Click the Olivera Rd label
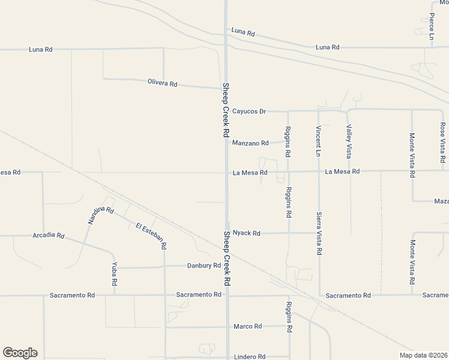[x=163, y=83]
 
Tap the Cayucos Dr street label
[x=249, y=111]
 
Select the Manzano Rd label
[x=250, y=143]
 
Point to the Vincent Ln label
[x=318, y=142]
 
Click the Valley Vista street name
[x=348, y=137]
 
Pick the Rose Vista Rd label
[x=442, y=143]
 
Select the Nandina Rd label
[x=100, y=214]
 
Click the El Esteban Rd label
[x=151, y=236]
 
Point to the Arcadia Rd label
[x=49, y=236]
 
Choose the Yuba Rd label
[x=114, y=274]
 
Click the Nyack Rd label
[x=247, y=233]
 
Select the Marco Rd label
[x=248, y=326]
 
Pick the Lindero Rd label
[x=250, y=356]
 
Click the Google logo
[x=20, y=353]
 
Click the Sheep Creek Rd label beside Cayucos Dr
[x=226, y=110]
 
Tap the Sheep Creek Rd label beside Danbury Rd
[x=227, y=258]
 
